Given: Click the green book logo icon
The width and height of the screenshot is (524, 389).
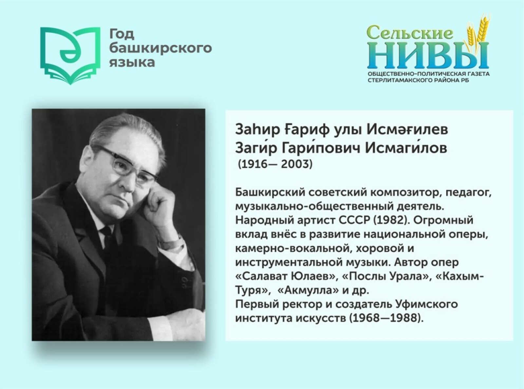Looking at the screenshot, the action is click(70, 56).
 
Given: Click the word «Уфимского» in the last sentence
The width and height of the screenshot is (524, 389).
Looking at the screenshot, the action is click(426, 304).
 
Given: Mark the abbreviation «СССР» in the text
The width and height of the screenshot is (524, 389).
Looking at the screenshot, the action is click(354, 220).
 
